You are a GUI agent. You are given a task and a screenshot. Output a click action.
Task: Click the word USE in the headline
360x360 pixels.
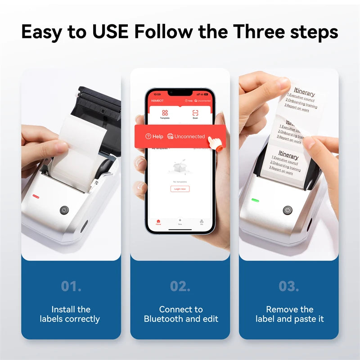[108, 32]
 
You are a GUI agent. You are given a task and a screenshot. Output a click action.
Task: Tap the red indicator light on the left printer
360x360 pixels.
[36, 196]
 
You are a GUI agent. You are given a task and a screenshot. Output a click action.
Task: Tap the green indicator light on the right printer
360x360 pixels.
[255, 201]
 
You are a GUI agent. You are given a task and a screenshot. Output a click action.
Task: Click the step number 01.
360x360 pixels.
[71, 286]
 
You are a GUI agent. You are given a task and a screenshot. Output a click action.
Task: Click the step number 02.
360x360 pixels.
[180, 286]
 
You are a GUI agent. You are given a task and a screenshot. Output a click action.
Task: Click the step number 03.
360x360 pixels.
[289, 286]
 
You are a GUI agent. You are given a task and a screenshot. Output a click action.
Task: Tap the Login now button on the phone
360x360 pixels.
[180, 189]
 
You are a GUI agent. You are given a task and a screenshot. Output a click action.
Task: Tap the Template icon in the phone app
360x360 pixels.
[165, 114]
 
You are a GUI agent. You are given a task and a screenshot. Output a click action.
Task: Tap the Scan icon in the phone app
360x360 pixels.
[195, 114]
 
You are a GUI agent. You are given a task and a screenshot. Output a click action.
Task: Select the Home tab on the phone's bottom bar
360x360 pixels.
[158, 222]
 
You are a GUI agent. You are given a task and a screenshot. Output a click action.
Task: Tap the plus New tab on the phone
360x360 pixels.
[180, 221]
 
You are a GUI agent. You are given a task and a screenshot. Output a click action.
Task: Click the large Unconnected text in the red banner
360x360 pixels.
[189, 136]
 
